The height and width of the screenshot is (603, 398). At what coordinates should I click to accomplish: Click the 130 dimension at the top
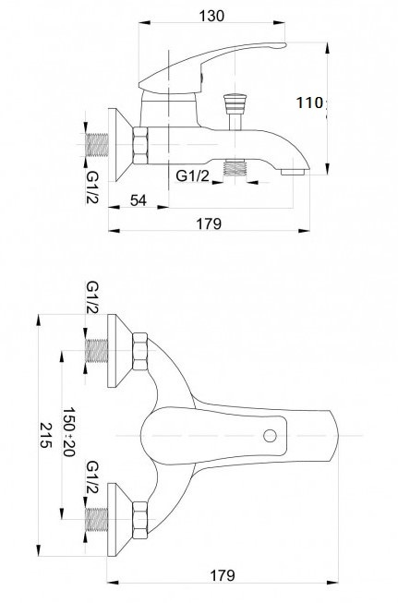(x=211, y=16)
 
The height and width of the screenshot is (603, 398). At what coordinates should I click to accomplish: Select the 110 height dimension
(x=309, y=103)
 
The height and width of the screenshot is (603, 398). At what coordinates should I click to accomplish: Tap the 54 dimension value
(x=139, y=200)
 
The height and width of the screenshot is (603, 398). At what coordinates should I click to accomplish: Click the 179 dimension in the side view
(x=210, y=223)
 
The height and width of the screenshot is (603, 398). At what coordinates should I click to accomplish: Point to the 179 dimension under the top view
(x=222, y=575)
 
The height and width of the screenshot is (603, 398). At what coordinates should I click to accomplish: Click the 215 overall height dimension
(x=46, y=435)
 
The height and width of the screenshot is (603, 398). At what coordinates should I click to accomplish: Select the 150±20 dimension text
(x=68, y=432)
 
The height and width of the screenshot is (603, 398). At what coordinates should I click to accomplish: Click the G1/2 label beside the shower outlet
(x=193, y=175)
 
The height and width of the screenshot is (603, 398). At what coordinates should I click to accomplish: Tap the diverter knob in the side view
(x=235, y=103)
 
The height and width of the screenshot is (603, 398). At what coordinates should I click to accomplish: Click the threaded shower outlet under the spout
(x=235, y=168)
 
